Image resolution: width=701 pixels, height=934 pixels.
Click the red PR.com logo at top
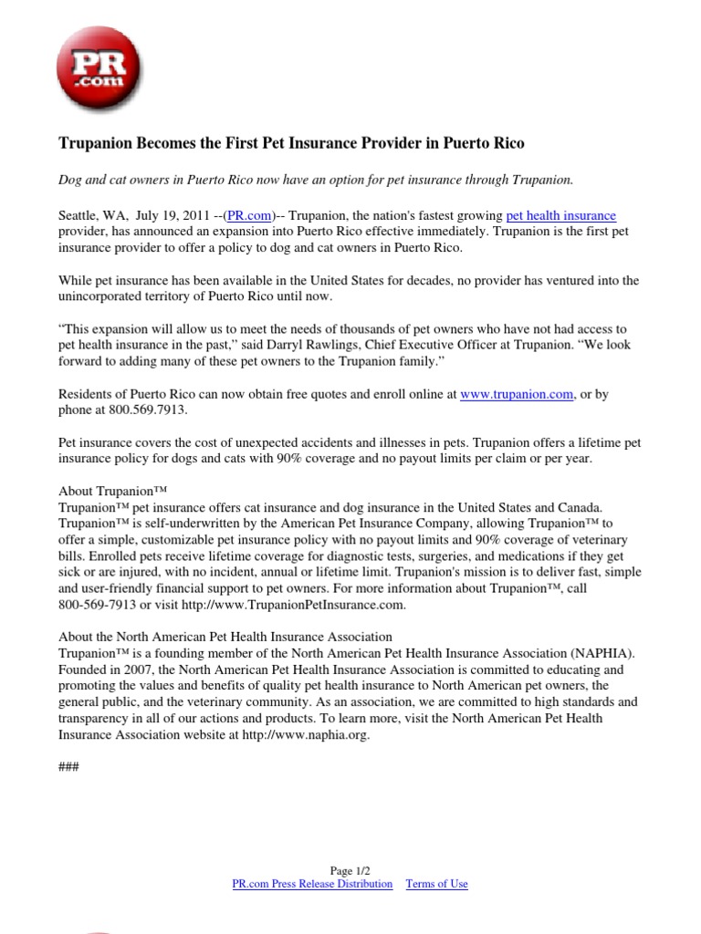point(99,68)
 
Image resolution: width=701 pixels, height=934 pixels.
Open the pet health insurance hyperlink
point(561,215)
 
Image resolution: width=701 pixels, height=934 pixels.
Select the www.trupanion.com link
point(517,394)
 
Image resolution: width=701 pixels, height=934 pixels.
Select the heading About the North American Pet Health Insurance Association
point(225,637)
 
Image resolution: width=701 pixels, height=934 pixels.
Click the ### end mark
point(68,767)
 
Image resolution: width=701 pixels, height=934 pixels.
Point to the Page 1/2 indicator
point(350,870)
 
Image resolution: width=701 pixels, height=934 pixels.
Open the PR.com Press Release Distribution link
point(313,884)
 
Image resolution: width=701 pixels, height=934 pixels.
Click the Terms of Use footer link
point(436,884)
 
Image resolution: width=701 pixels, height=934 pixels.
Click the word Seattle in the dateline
point(80,215)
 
